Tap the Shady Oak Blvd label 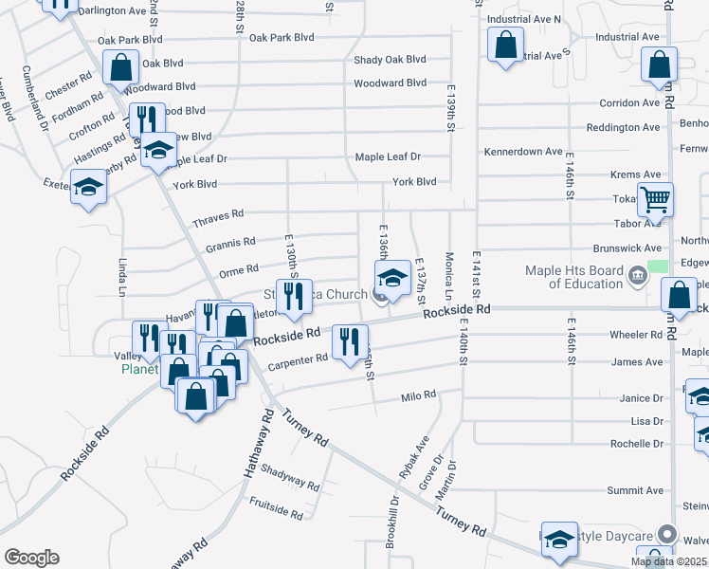point(390,60)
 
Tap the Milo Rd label point(418,395)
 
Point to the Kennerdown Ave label point(523,152)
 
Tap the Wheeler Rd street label point(636,335)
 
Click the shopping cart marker point(655,200)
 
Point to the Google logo point(31,558)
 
